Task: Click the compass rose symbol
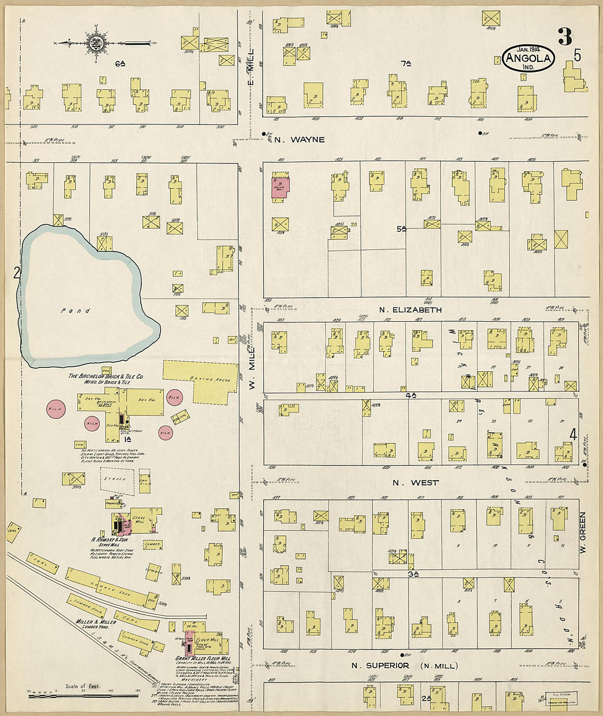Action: coord(93,42)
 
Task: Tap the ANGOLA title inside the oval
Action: coord(528,58)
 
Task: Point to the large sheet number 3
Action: coord(565,36)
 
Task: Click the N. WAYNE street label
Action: coord(299,140)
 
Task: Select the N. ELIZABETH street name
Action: coord(410,310)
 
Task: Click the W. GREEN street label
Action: coord(583,532)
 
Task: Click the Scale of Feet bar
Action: coord(83,696)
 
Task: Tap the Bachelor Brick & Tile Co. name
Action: coord(106,377)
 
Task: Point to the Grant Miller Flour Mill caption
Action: coord(202,658)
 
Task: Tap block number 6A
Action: coord(120,64)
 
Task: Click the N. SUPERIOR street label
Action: coord(380,666)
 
